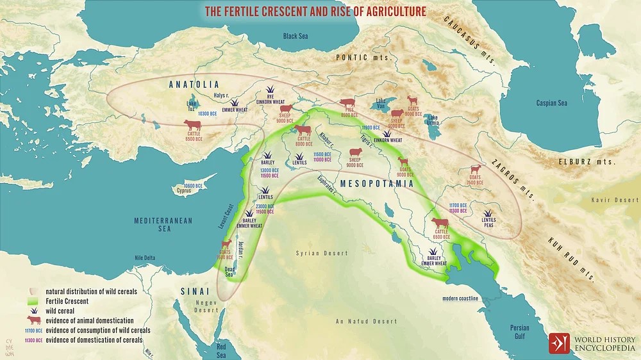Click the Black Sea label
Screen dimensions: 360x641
click(x=296, y=37)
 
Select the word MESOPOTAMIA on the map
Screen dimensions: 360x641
click(x=376, y=183)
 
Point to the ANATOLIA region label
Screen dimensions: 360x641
click(x=194, y=85)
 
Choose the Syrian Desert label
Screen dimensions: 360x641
click(x=321, y=254)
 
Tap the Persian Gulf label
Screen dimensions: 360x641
click(x=520, y=331)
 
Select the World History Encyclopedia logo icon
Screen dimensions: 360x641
click(x=558, y=343)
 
